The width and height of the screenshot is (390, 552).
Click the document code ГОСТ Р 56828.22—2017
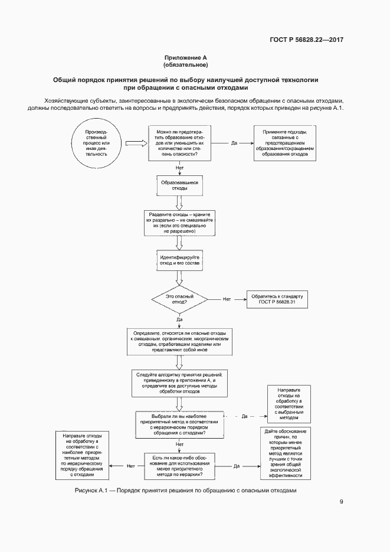(306, 40)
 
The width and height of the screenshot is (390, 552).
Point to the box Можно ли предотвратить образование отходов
(179, 142)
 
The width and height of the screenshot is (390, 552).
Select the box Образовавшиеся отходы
(179, 185)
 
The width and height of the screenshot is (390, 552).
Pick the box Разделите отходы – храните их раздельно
(179, 222)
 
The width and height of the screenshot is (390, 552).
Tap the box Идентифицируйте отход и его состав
(179, 260)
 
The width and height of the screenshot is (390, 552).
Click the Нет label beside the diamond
(227, 299)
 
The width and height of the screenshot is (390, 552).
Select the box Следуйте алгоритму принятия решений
(179, 384)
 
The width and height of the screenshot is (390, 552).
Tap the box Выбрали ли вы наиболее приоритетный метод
(179, 424)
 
